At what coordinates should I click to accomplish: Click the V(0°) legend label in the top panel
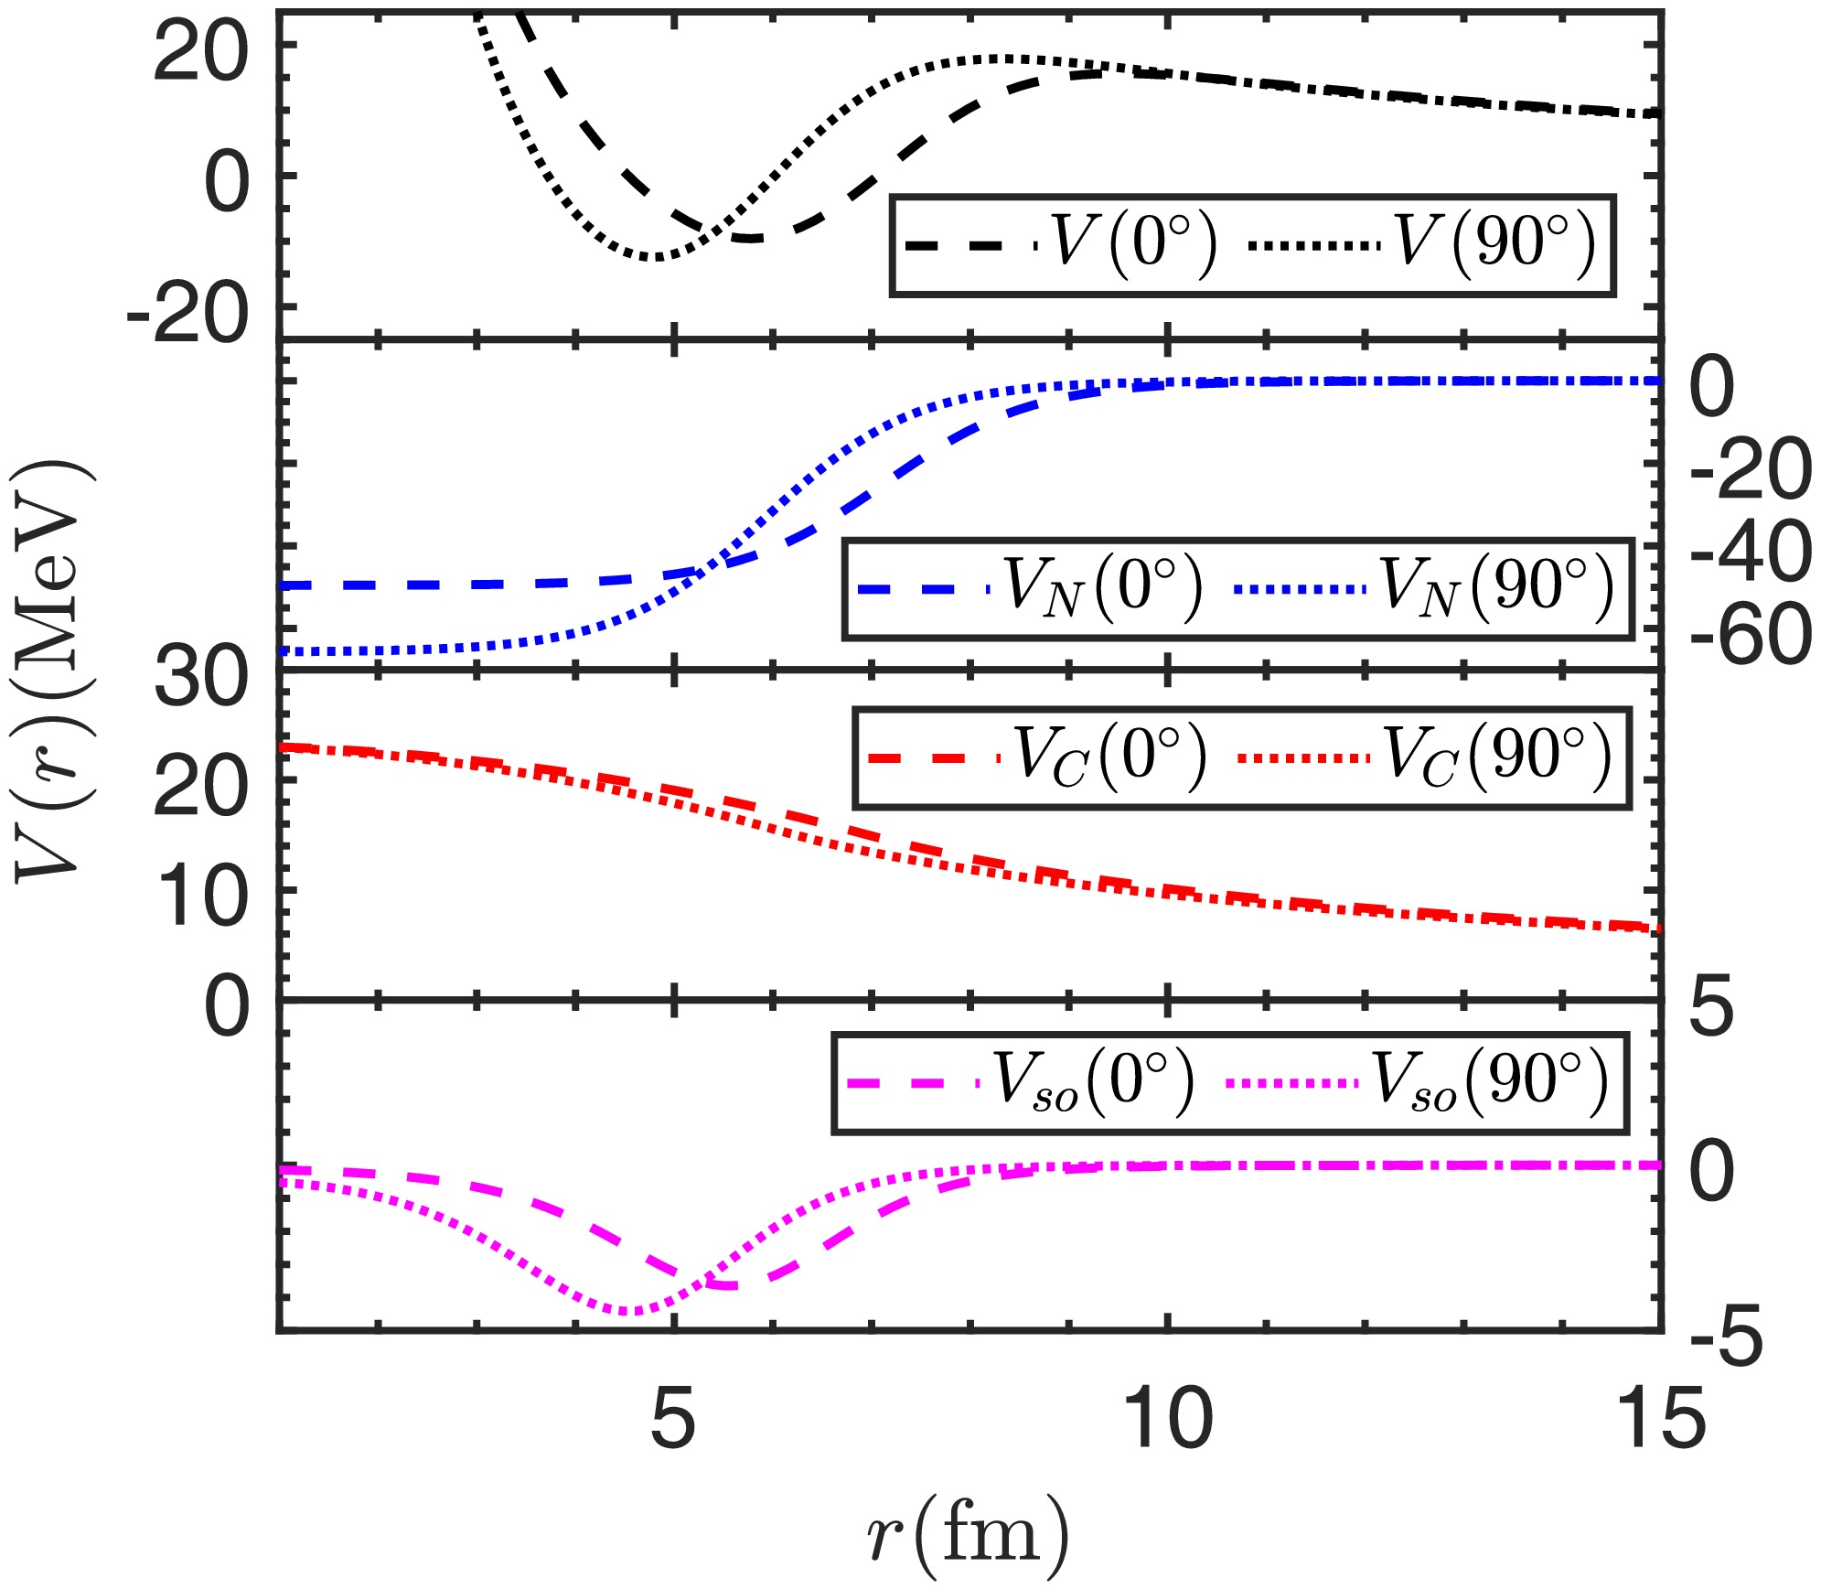point(1135,244)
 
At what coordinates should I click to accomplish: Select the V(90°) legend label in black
point(1494,244)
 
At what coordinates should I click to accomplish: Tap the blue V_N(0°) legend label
point(1103,587)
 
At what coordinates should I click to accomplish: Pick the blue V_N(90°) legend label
point(1496,587)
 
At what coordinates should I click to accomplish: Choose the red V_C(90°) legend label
point(1496,757)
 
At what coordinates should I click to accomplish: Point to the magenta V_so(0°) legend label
point(1094,1083)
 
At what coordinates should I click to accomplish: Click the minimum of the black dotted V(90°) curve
point(651,257)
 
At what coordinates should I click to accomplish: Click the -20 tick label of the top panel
point(187,314)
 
